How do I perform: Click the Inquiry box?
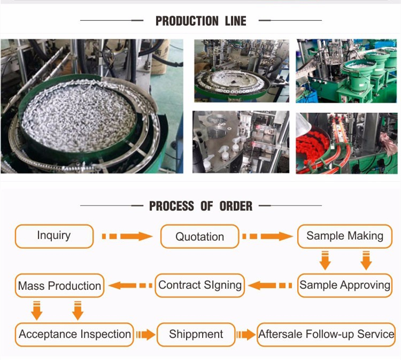[x=54, y=236]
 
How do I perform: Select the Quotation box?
[x=199, y=236]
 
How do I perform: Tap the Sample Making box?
[x=345, y=236]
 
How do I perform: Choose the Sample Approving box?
[x=345, y=285]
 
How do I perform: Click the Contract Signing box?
[x=200, y=285]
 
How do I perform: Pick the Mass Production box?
[x=59, y=286]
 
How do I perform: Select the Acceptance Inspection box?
[x=75, y=334]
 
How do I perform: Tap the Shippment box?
[x=196, y=334]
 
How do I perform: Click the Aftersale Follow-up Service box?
[x=327, y=334]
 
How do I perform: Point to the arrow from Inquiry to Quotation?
[x=127, y=236]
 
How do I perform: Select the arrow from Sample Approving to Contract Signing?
[x=272, y=286]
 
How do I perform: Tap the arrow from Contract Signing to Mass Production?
[x=130, y=286]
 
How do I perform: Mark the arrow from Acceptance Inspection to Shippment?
[x=145, y=335]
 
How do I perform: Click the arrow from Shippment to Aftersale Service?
[x=246, y=335]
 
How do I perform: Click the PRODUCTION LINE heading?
[x=200, y=21]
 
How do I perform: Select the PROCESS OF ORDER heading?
[x=200, y=206]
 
